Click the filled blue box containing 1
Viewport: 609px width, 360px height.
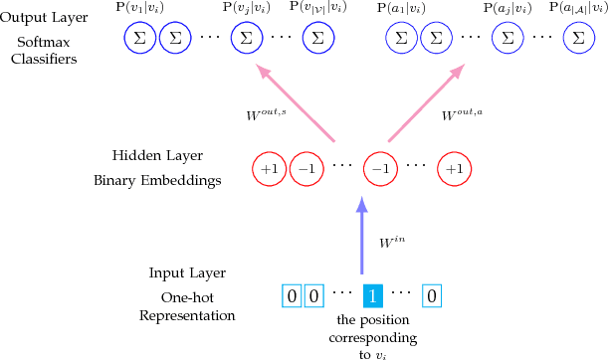point(370,295)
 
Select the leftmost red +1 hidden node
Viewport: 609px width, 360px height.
point(269,168)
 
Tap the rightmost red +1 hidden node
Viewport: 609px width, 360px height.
point(453,168)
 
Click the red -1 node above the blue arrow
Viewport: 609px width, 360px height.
point(379,168)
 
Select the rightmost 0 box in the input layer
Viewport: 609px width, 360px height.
point(432,295)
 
